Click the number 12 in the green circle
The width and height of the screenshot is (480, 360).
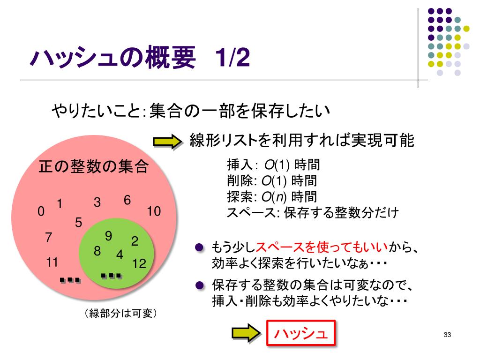pos(139,264)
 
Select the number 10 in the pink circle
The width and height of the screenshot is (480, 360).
pos(153,212)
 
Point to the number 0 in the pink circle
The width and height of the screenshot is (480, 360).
pos(41,212)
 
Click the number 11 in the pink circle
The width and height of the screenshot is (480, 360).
pos(52,262)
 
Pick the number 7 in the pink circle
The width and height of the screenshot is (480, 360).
pos(48,238)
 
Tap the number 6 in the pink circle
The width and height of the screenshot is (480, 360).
pos(127,200)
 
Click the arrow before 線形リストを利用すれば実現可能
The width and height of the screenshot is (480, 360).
pos(167,142)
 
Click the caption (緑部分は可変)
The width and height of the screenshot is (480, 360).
pos(120,313)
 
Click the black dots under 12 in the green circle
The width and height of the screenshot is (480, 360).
pos(112,276)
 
